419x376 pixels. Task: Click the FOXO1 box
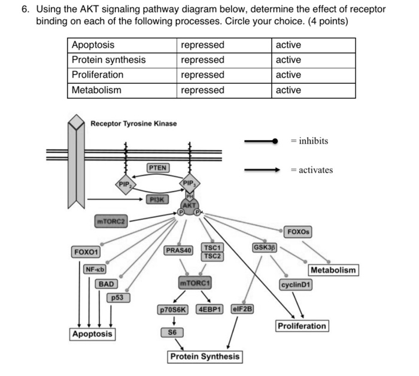[x=86, y=252]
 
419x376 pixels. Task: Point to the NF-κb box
[x=95, y=269]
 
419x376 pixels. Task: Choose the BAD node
[x=107, y=283]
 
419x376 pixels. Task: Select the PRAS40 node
[x=178, y=250]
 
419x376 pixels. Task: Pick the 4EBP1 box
[x=209, y=310]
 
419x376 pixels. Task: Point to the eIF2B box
[x=242, y=310]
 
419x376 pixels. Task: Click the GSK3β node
[x=264, y=247]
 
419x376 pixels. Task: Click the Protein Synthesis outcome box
[x=205, y=357]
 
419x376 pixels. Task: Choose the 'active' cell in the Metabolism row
[x=289, y=90]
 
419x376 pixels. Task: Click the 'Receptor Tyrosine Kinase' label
[x=133, y=123]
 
